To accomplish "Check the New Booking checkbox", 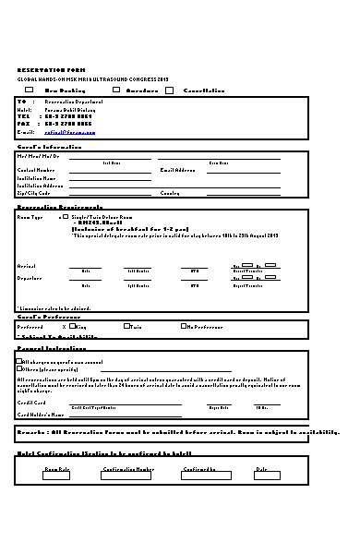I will [30, 90].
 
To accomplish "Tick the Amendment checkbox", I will [115, 90].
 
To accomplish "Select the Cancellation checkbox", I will [170, 90].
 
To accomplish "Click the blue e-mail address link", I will [70, 132].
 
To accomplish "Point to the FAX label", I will [23, 124].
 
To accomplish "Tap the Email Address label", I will [178, 171].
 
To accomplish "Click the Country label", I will [170, 193].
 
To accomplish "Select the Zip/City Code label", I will [33, 193].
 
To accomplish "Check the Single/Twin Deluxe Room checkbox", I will [66, 216].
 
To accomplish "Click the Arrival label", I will [27, 265].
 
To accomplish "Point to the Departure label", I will [30, 277].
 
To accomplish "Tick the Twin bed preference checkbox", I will [126, 326].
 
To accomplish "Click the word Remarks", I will [31, 432].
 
